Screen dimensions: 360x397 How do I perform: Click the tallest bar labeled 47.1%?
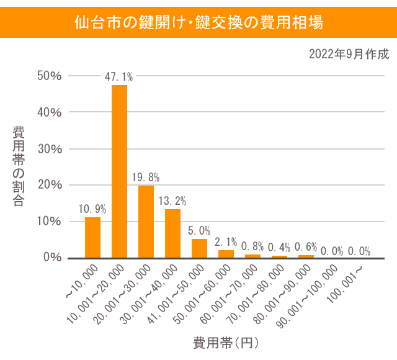point(119,171)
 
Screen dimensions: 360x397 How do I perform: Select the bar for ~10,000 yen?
point(92,238)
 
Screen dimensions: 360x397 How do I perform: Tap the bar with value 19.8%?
point(146,222)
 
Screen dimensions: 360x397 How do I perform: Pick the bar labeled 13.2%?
point(172,233)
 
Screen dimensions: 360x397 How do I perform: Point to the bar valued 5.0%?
point(199,248)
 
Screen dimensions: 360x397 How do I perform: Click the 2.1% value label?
point(226,241)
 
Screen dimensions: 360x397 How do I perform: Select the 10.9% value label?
point(92,209)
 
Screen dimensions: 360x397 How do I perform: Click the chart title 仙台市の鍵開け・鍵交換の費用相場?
point(198,23)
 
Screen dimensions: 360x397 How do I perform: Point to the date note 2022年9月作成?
point(349,54)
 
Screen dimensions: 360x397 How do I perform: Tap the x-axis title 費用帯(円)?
point(225,343)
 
